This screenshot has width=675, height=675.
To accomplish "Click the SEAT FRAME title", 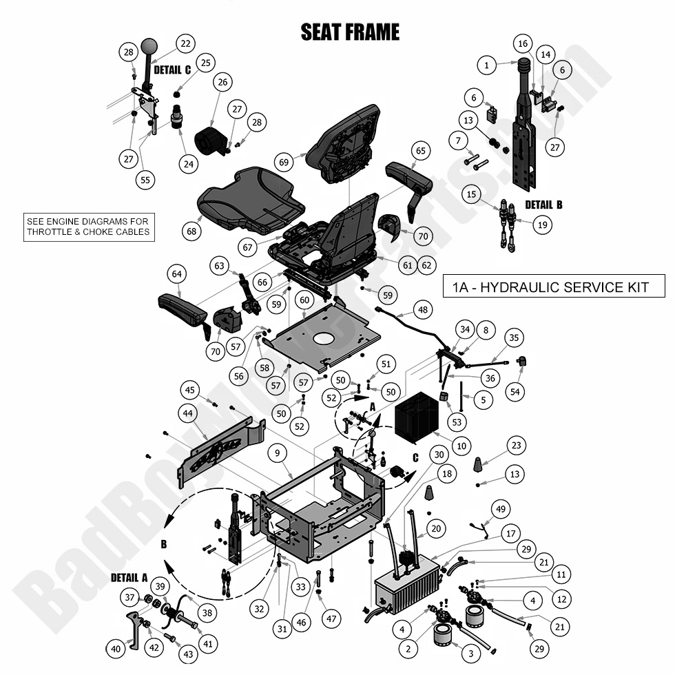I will coord(350,32).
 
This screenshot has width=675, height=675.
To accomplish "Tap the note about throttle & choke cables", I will coord(87,227).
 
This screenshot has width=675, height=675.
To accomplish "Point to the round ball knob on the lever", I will coord(149,48).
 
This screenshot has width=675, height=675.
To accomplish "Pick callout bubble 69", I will coord(283,162).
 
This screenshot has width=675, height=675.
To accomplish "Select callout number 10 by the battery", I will coord(461,446).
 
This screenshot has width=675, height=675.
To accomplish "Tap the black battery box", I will coord(417,417).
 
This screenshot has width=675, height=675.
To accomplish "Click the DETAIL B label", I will coord(543,205).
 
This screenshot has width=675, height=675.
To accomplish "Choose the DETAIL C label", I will coord(172,70).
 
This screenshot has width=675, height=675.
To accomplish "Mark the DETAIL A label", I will coord(130,577).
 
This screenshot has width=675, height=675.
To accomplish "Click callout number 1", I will coord(486,66).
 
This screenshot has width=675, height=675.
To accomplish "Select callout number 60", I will coord(304,301).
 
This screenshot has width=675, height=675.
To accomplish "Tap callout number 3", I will coord(470,653).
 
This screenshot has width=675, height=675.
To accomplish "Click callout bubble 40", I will coord(115,647).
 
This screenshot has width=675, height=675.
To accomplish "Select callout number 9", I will coord(276,453).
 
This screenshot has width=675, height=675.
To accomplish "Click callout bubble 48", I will coord(422,310).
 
